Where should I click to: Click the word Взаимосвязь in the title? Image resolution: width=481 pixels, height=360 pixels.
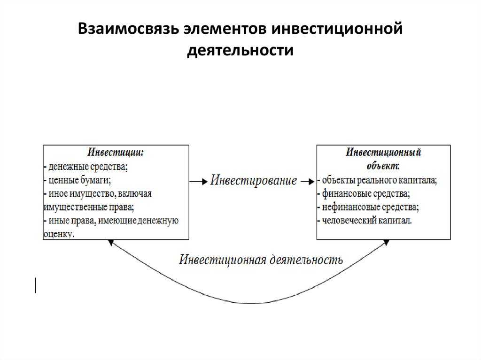click(128, 29)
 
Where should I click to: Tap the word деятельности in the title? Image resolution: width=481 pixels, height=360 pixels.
click(240, 50)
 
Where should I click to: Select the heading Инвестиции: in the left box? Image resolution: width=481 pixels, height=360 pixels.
click(116, 153)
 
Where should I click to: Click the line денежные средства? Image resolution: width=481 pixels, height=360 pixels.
click(85, 167)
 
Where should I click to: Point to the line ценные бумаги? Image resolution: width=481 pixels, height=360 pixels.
click(78, 180)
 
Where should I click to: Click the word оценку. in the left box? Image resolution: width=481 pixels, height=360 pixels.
click(59, 234)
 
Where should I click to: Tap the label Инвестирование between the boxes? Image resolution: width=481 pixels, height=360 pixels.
click(254, 180)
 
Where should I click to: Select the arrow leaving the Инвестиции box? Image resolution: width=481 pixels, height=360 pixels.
click(199, 182)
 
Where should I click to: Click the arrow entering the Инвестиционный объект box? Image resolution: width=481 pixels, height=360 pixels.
click(307, 182)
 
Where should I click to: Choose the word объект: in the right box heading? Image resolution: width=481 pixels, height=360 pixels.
click(383, 166)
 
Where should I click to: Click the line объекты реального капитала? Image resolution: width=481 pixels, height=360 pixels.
click(377, 180)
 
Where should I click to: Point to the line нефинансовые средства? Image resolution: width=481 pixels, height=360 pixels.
click(368, 207)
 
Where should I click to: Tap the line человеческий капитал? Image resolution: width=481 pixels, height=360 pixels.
click(365, 221)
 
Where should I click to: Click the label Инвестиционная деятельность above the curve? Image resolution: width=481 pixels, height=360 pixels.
click(261, 260)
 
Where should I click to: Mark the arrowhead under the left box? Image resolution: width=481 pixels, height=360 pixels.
click(111, 243)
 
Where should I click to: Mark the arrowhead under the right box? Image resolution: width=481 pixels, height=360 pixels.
click(387, 243)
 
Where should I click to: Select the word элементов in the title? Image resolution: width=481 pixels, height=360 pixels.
click(225, 29)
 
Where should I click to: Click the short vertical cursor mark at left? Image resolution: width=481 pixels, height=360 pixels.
click(36, 285)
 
